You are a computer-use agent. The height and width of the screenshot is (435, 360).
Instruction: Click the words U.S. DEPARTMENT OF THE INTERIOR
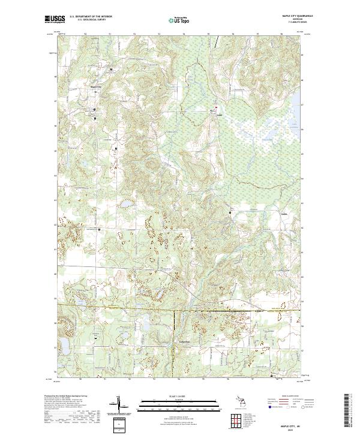coord(90,17)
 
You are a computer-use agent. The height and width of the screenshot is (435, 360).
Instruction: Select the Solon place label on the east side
coord(286,213)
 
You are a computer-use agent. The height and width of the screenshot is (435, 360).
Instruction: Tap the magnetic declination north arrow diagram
coord(119,407)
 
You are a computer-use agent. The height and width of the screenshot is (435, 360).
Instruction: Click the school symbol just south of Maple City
coord(94,110)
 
